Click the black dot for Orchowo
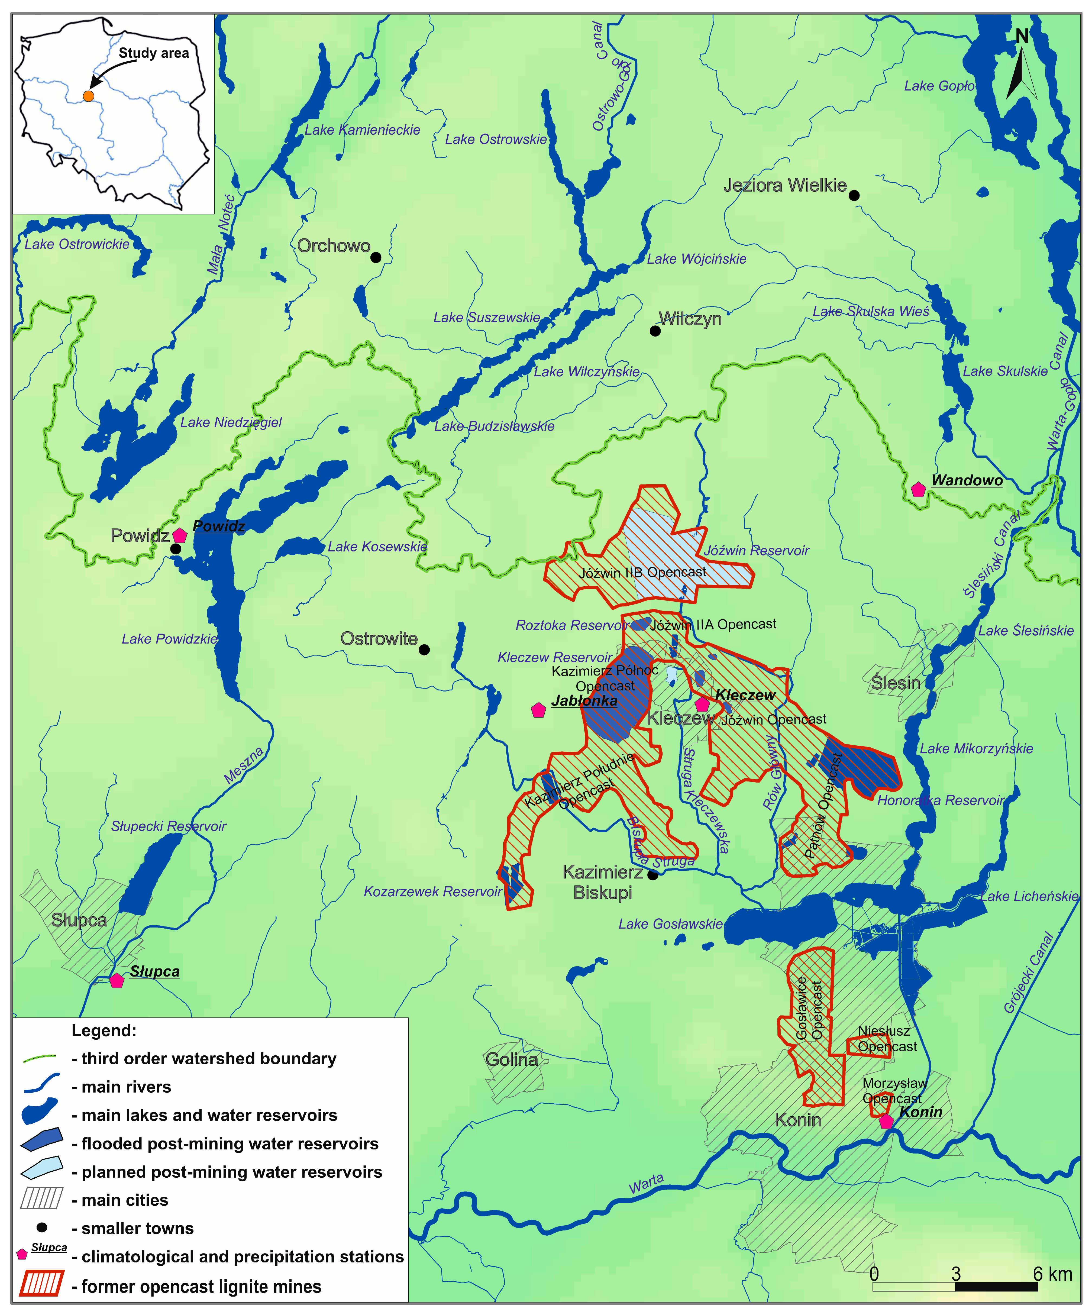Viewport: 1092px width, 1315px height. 376,257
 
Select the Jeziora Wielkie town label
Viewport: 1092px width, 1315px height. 784,185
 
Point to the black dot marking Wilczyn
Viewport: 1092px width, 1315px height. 655,331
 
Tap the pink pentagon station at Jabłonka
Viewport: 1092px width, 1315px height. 538,710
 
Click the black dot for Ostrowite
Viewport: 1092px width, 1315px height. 424,649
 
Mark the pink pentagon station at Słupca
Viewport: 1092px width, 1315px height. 117,981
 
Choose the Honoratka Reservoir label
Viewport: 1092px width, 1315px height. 941,800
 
